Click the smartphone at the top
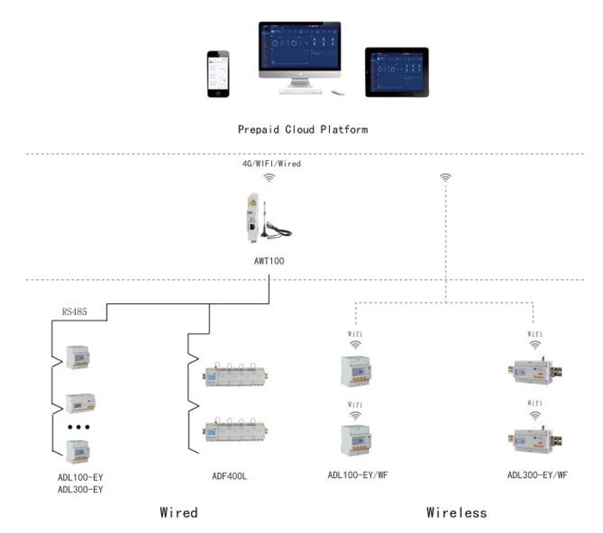pyautogui.click(x=219, y=76)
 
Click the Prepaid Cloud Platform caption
pyautogui.click(x=302, y=130)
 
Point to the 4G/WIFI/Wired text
pyautogui.click(x=270, y=163)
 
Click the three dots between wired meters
pyautogui.click(x=79, y=426)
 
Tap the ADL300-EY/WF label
pyautogui.click(x=537, y=475)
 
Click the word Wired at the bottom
pyautogui.click(x=178, y=512)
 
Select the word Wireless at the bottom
pyautogui.click(x=457, y=512)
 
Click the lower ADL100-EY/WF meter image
pyautogui.click(x=354, y=438)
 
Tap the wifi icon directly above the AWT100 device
pyautogui.click(x=270, y=177)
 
